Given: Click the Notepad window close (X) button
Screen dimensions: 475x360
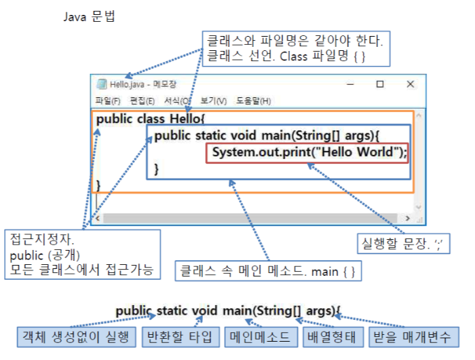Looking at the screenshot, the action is [410, 84].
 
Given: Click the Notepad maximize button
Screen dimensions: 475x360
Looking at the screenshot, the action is [380, 84].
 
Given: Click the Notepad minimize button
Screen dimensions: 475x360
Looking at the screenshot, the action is [351, 84].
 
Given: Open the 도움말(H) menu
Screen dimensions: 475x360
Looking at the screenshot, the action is [253, 101].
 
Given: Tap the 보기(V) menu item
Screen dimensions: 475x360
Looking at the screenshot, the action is [213, 101].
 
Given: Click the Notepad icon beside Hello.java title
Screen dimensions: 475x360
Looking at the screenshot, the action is [102, 84].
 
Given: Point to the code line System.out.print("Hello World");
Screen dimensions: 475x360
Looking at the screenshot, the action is [309, 152].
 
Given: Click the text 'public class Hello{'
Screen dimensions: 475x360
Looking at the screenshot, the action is [150, 119].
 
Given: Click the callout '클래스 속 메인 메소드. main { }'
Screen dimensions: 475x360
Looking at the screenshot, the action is [267, 272].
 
